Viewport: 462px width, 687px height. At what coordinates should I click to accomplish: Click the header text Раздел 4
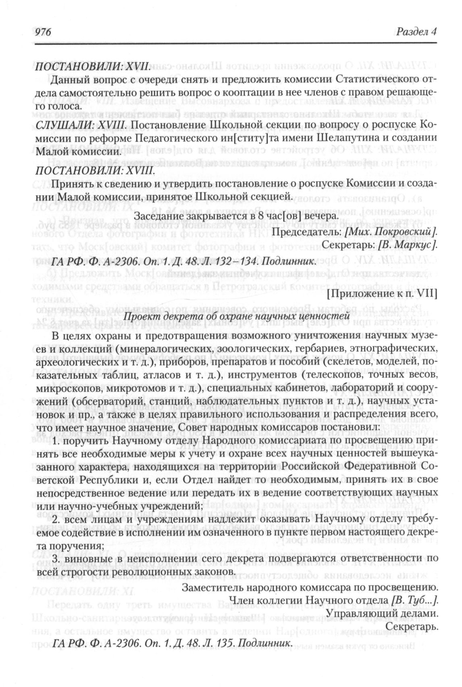pyautogui.click(x=416, y=32)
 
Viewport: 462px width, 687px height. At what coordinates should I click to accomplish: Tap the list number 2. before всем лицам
pyautogui.click(x=55, y=519)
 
